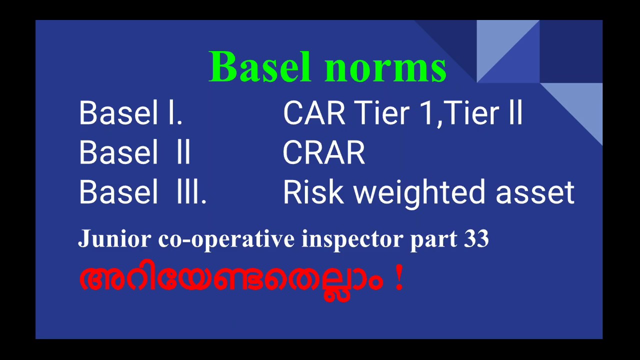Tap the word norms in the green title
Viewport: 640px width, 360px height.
coord(387,67)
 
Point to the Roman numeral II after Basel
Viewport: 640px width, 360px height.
coord(183,153)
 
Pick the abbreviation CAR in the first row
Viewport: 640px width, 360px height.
coord(314,113)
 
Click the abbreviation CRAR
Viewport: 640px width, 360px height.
coord(324,153)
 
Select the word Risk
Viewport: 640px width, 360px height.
coord(313,193)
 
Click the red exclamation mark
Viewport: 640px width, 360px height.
coord(398,279)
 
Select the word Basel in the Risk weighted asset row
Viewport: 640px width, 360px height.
coord(118,193)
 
